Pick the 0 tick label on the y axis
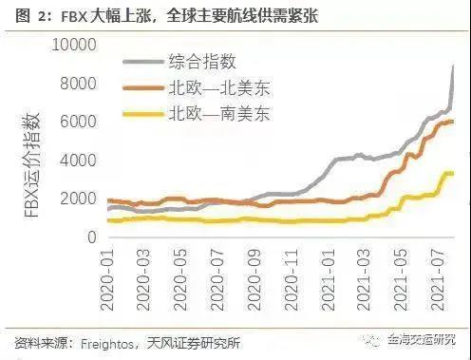click(90, 238)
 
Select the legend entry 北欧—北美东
click(217, 89)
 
